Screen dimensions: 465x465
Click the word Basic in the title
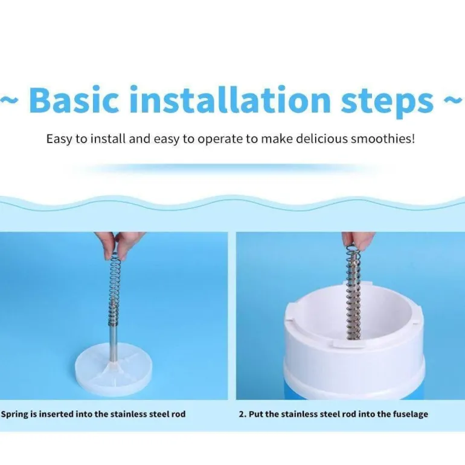(x=74, y=99)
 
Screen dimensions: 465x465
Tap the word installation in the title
(x=231, y=99)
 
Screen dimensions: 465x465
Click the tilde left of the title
(x=10, y=100)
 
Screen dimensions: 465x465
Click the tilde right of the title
(x=454, y=100)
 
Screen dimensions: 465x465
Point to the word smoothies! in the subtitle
(x=382, y=138)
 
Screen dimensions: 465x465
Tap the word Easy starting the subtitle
(x=59, y=139)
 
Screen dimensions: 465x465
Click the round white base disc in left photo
(x=114, y=369)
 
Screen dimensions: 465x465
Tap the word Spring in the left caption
(x=14, y=414)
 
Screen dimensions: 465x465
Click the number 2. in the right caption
(x=243, y=414)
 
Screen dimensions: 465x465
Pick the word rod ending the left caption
(x=179, y=414)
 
